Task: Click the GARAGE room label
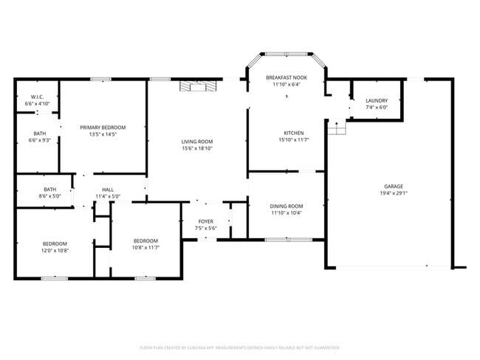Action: pos(393,186)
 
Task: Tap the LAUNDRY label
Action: pos(376,100)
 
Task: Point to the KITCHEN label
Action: pos(286,133)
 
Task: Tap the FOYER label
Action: pos(206,221)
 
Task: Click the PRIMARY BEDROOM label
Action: pos(103,128)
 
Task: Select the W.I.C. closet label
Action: pos(37,97)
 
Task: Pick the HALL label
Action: pos(108,190)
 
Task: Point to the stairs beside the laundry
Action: pos(338,129)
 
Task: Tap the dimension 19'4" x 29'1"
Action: pos(393,193)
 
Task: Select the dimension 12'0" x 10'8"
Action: pos(55,251)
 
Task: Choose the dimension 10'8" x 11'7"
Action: pos(145,247)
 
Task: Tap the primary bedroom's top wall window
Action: pos(101,79)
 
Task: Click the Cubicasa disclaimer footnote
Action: pos(239,347)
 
